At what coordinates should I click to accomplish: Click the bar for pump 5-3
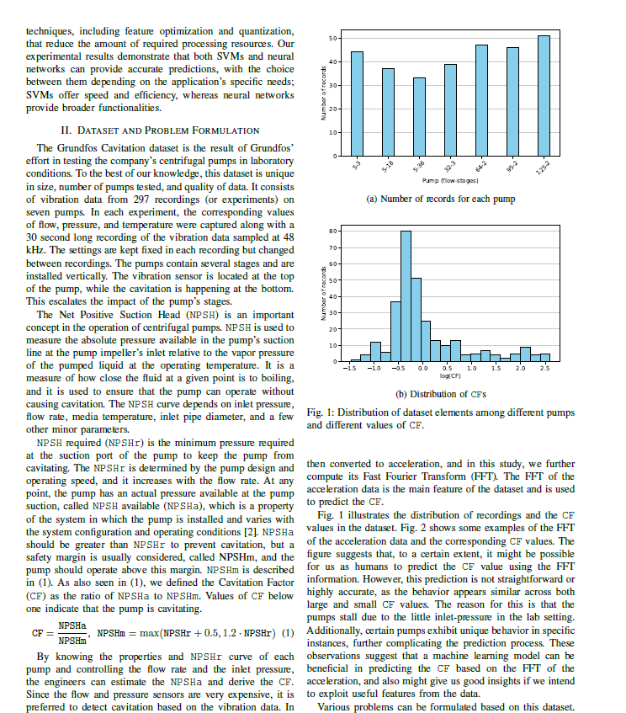[x=358, y=104]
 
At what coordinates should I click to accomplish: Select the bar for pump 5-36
[x=419, y=117]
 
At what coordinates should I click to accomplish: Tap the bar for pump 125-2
[x=544, y=96]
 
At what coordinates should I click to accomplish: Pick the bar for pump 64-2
[x=481, y=100]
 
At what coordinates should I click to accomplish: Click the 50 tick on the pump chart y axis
[x=334, y=38]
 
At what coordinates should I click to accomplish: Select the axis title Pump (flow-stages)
[x=451, y=181]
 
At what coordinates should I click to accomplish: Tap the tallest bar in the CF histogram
[x=406, y=296]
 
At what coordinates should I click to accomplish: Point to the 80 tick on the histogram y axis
[x=334, y=230]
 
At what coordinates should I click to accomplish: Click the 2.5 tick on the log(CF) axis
[x=544, y=369]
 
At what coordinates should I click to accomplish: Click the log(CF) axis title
[x=450, y=376]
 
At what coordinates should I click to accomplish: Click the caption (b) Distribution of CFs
[x=442, y=394]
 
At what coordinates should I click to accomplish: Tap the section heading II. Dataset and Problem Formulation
[x=160, y=130]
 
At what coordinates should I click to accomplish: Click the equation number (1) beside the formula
[x=288, y=633]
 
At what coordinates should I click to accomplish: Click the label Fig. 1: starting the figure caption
[x=320, y=412]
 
